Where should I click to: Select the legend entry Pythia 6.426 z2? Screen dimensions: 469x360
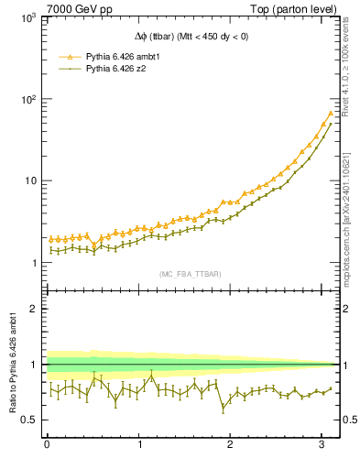click(x=112, y=68)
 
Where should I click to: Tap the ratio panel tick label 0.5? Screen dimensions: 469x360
click(x=27, y=420)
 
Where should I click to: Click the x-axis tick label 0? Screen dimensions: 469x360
click(x=47, y=445)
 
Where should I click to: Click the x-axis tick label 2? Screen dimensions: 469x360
click(x=231, y=445)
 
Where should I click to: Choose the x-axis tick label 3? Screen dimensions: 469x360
click(x=322, y=445)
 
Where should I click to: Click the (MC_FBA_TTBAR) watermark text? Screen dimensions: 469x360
click(x=190, y=274)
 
